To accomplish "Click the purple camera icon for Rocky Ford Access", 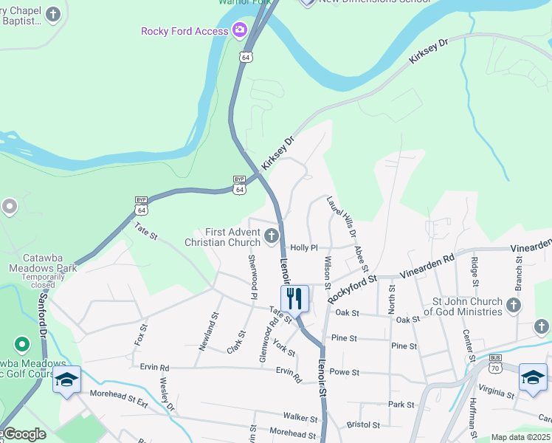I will click(x=239, y=30).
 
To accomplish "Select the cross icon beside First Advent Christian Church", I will click(x=272, y=237).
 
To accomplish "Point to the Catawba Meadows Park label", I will click(x=43, y=268).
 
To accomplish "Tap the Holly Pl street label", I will click(x=303, y=248).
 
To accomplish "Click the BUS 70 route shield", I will click(x=495, y=363).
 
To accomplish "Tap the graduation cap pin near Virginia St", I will click(x=532, y=377).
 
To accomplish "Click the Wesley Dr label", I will click(x=167, y=395).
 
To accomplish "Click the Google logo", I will click(x=24, y=434).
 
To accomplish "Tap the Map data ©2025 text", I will click(x=520, y=437).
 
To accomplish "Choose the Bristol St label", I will click(x=363, y=425).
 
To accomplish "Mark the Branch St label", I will click(x=519, y=272).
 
